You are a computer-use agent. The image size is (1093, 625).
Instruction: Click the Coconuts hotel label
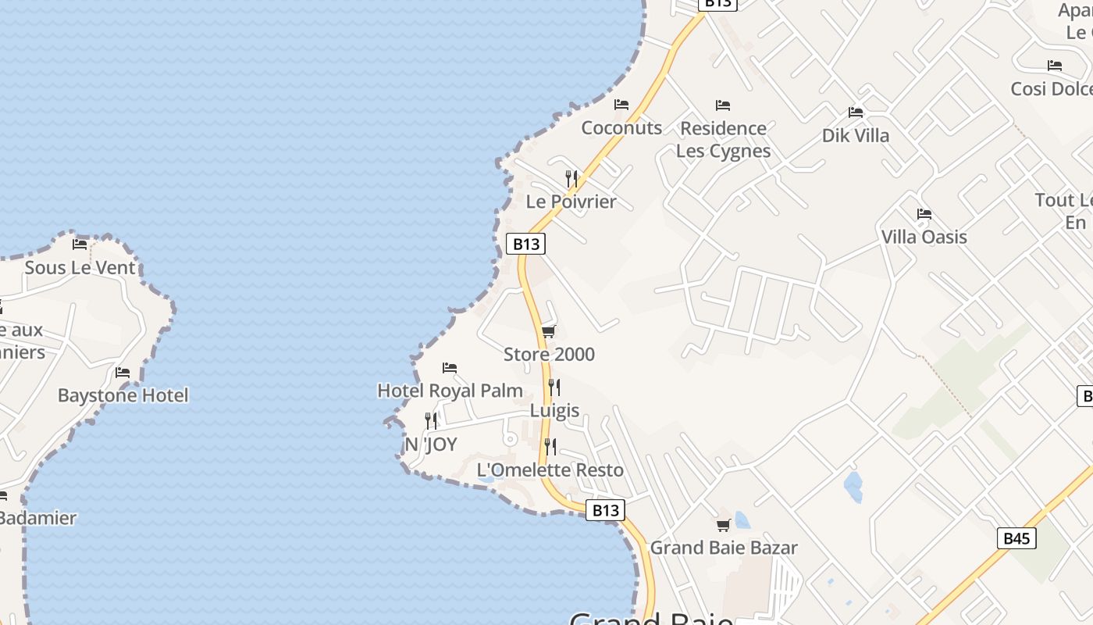pos(621,127)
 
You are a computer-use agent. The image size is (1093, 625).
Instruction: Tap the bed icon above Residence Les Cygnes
pos(723,105)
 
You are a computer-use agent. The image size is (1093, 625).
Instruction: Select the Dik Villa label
pos(856,135)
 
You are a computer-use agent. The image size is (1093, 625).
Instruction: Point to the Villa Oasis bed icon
pos(924,214)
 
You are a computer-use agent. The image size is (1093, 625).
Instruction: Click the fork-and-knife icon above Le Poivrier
pos(571,178)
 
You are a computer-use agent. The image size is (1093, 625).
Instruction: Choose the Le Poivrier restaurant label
pos(571,202)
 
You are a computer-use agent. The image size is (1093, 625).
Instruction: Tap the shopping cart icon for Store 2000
pos(549,332)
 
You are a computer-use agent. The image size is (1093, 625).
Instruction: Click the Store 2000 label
pos(549,354)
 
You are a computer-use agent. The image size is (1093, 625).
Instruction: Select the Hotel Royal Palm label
pos(450,390)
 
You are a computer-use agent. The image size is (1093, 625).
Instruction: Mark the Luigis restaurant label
pos(554,410)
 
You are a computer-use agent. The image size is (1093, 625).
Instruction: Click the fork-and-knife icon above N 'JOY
pos(431,421)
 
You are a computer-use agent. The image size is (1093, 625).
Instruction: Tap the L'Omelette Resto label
pos(550,470)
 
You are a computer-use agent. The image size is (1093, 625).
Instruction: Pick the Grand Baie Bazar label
pos(724,547)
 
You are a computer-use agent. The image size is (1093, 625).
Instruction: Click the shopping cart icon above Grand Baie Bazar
pos(724,525)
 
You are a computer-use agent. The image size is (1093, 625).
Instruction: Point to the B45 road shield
pos(1016,538)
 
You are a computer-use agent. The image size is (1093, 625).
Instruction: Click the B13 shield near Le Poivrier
pos(525,244)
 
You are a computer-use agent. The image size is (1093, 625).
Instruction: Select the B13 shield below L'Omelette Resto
pos(605,510)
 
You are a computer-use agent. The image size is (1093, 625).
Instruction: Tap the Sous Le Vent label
pos(80,267)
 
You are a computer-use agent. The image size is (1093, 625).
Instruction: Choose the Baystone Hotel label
pos(123,395)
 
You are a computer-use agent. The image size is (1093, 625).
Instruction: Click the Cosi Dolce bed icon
pos(1055,66)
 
